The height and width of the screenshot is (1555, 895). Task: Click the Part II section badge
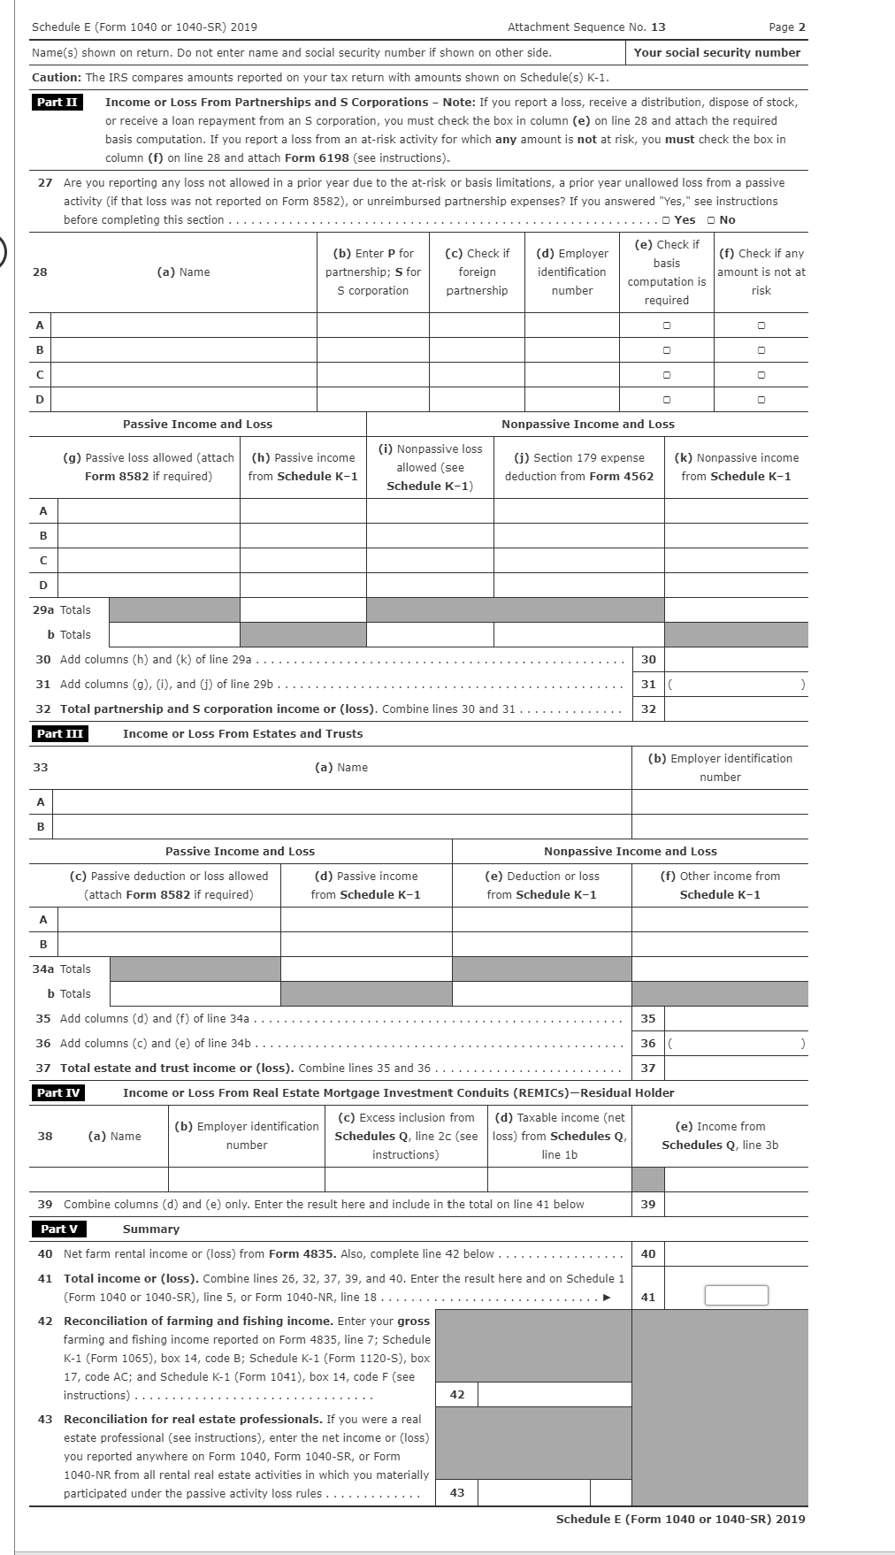click(57, 103)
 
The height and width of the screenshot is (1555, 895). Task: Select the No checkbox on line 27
click(711, 220)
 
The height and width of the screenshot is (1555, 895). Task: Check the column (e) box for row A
click(667, 326)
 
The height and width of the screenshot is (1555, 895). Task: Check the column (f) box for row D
click(761, 400)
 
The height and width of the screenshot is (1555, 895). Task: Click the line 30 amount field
click(736, 660)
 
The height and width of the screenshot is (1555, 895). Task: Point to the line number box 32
click(648, 709)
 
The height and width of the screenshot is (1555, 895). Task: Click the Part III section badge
click(59, 734)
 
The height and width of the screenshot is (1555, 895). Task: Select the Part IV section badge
click(59, 1093)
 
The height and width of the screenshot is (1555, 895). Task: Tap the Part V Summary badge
click(59, 1229)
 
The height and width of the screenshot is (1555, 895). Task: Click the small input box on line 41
click(736, 1296)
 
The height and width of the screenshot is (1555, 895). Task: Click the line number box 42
click(457, 1395)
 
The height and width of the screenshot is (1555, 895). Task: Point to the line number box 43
click(457, 1493)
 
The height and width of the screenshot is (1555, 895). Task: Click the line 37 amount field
click(736, 1069)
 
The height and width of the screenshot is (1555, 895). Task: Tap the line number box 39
click(648, 1205)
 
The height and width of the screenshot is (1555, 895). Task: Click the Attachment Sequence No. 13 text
click(586, 27)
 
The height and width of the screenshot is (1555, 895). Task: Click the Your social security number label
click(716, 53)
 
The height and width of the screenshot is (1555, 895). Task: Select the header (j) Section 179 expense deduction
click(579, 467)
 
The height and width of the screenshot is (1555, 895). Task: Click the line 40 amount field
click(736, 1254)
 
